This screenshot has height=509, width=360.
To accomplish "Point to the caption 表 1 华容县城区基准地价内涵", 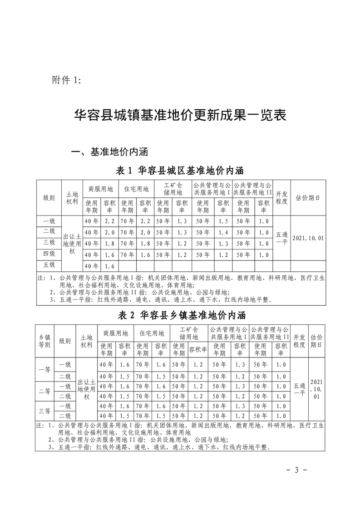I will [x=180, y=171].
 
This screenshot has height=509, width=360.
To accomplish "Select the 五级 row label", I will [x=49, y=265].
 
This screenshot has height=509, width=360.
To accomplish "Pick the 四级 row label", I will [x=49, y=254].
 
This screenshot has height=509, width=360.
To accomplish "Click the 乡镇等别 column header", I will [x=44, y=341].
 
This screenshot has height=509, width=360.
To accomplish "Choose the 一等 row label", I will [x=44, y=370].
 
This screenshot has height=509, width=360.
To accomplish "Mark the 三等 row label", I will [x=44, y=411].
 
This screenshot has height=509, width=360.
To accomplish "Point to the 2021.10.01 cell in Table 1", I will [x=308, y=238].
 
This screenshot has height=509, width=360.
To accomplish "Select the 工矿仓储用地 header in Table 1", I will [x=173, y=188].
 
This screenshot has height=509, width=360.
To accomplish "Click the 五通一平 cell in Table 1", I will [x=281, y=238].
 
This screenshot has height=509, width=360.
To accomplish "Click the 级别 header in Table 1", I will [x=49, y=198].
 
